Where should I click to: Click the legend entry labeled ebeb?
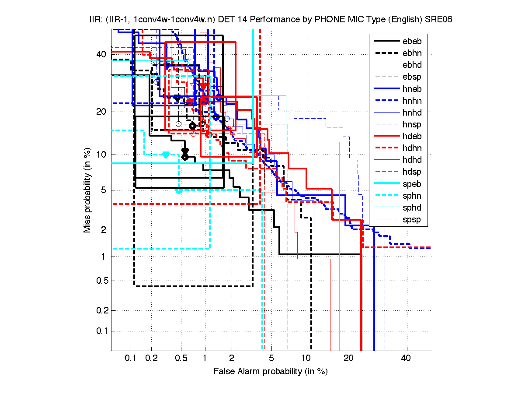pos(412,42)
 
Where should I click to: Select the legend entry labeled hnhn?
pos(412,101)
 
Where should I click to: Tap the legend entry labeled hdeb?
pos(412,137)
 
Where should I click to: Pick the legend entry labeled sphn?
pos(412,196)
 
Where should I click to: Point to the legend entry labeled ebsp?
pos(412,77)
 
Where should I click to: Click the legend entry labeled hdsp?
pos(412,172)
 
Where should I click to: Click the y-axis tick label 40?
pos(101,54)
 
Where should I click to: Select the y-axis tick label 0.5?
pos(100,281)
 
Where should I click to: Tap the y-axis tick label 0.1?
pos(100,331)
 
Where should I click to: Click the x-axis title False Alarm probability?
pos(270,372)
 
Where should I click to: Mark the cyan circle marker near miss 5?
pos(179,190)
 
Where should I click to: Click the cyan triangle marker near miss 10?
pos(166,155)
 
